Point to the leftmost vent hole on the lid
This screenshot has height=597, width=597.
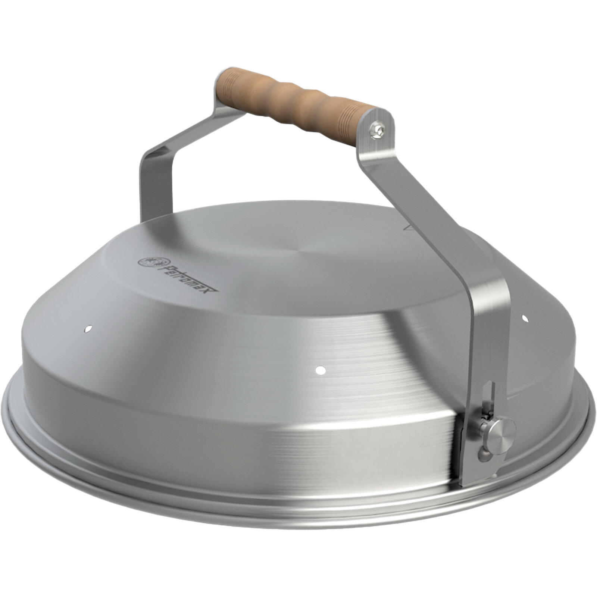pos(88,329)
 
